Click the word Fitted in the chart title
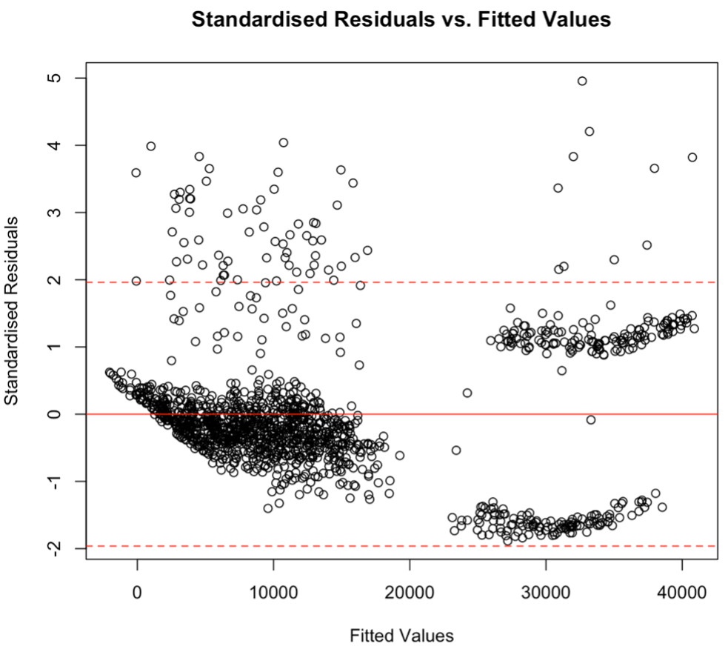tap(515, 20)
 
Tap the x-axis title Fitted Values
tap(401, 635)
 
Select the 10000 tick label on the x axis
tap(273, 593)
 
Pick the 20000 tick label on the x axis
tap(410, 593)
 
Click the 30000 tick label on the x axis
tap(546, 593)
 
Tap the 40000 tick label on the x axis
tap(681, 593)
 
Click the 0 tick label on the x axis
tap(137, 593)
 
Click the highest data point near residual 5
tap(582, 81)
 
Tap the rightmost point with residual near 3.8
tap(692, 157)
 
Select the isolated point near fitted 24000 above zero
tap(467, 393)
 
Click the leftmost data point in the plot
tap(110, 372)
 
